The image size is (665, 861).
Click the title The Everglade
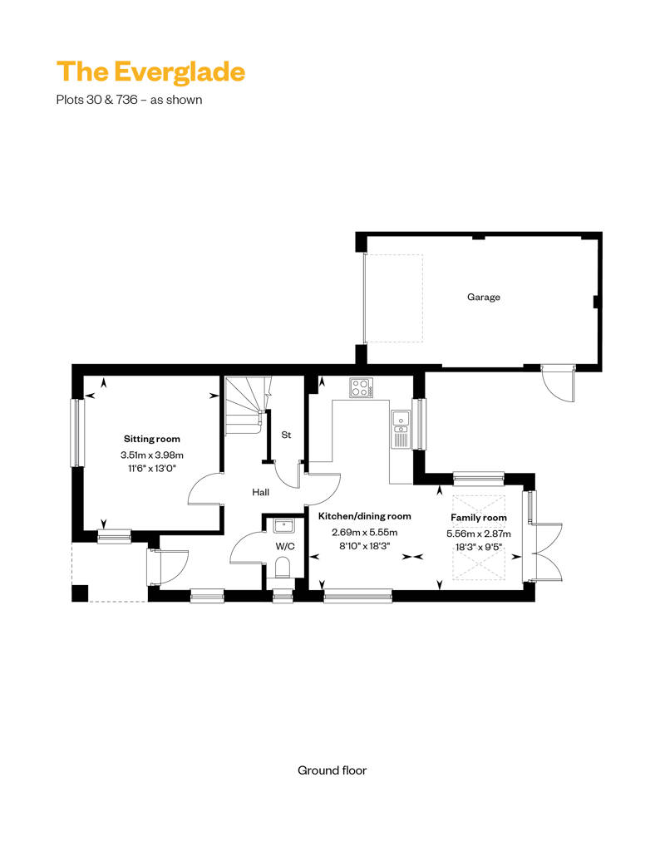click(150, 72)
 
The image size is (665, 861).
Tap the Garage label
click(483, 297)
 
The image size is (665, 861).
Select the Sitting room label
click(151, 439)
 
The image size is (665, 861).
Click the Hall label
click(260, 492)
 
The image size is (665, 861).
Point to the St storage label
click(286, 435)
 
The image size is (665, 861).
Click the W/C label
click(285, 546)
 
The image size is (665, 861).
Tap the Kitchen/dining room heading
click(365, 516)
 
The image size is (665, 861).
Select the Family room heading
click(479, 517)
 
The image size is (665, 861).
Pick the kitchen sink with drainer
click(401, 429)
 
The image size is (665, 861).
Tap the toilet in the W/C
click(283, 568)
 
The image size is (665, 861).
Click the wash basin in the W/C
click(285, 525)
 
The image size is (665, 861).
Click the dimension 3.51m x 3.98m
click(152, 455)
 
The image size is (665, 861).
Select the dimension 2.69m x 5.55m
click(365, 532)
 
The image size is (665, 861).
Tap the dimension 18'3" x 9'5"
click(479, 548)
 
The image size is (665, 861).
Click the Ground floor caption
click(332, 770)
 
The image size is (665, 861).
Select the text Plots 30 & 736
click(96, 100)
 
